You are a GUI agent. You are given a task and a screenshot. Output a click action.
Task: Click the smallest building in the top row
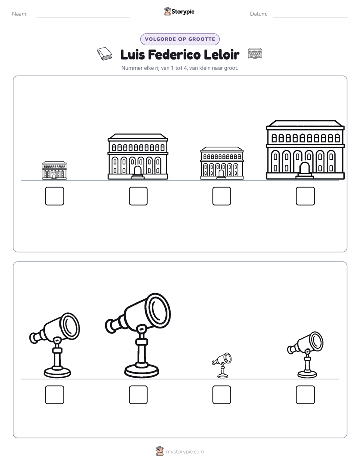(x=54, y=170)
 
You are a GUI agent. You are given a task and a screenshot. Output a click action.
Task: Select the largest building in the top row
(x=306, y=149)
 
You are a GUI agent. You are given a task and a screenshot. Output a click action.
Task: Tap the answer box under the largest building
(x=306, y=196)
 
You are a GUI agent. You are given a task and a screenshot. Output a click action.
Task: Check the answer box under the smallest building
(x=54, y=196)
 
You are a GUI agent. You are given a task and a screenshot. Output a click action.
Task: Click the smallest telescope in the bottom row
(x=222, y=365)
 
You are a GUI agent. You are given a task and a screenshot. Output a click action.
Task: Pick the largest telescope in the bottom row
(x=139, y=335)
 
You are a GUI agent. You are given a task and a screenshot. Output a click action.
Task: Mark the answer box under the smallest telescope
(x=222, y=395)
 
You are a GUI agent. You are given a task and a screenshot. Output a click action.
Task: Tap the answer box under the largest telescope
(x=138, y=395)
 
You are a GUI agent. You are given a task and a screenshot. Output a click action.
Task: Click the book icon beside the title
(x=104, y=54)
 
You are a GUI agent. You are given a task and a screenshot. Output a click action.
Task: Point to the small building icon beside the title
(x=255, y=54)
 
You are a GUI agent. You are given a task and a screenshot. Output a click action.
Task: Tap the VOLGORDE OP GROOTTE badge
(x=180, y=39)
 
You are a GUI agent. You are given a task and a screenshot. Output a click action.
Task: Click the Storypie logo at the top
(x=179, y=12)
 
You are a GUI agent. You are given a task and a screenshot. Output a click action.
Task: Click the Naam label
(x=20, y=14)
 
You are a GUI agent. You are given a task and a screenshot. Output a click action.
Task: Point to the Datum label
(x=259, y=14)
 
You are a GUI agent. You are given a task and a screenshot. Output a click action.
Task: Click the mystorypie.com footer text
(x=185, y=452)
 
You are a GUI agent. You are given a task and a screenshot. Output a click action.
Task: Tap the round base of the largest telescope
(x=142, y=370)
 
